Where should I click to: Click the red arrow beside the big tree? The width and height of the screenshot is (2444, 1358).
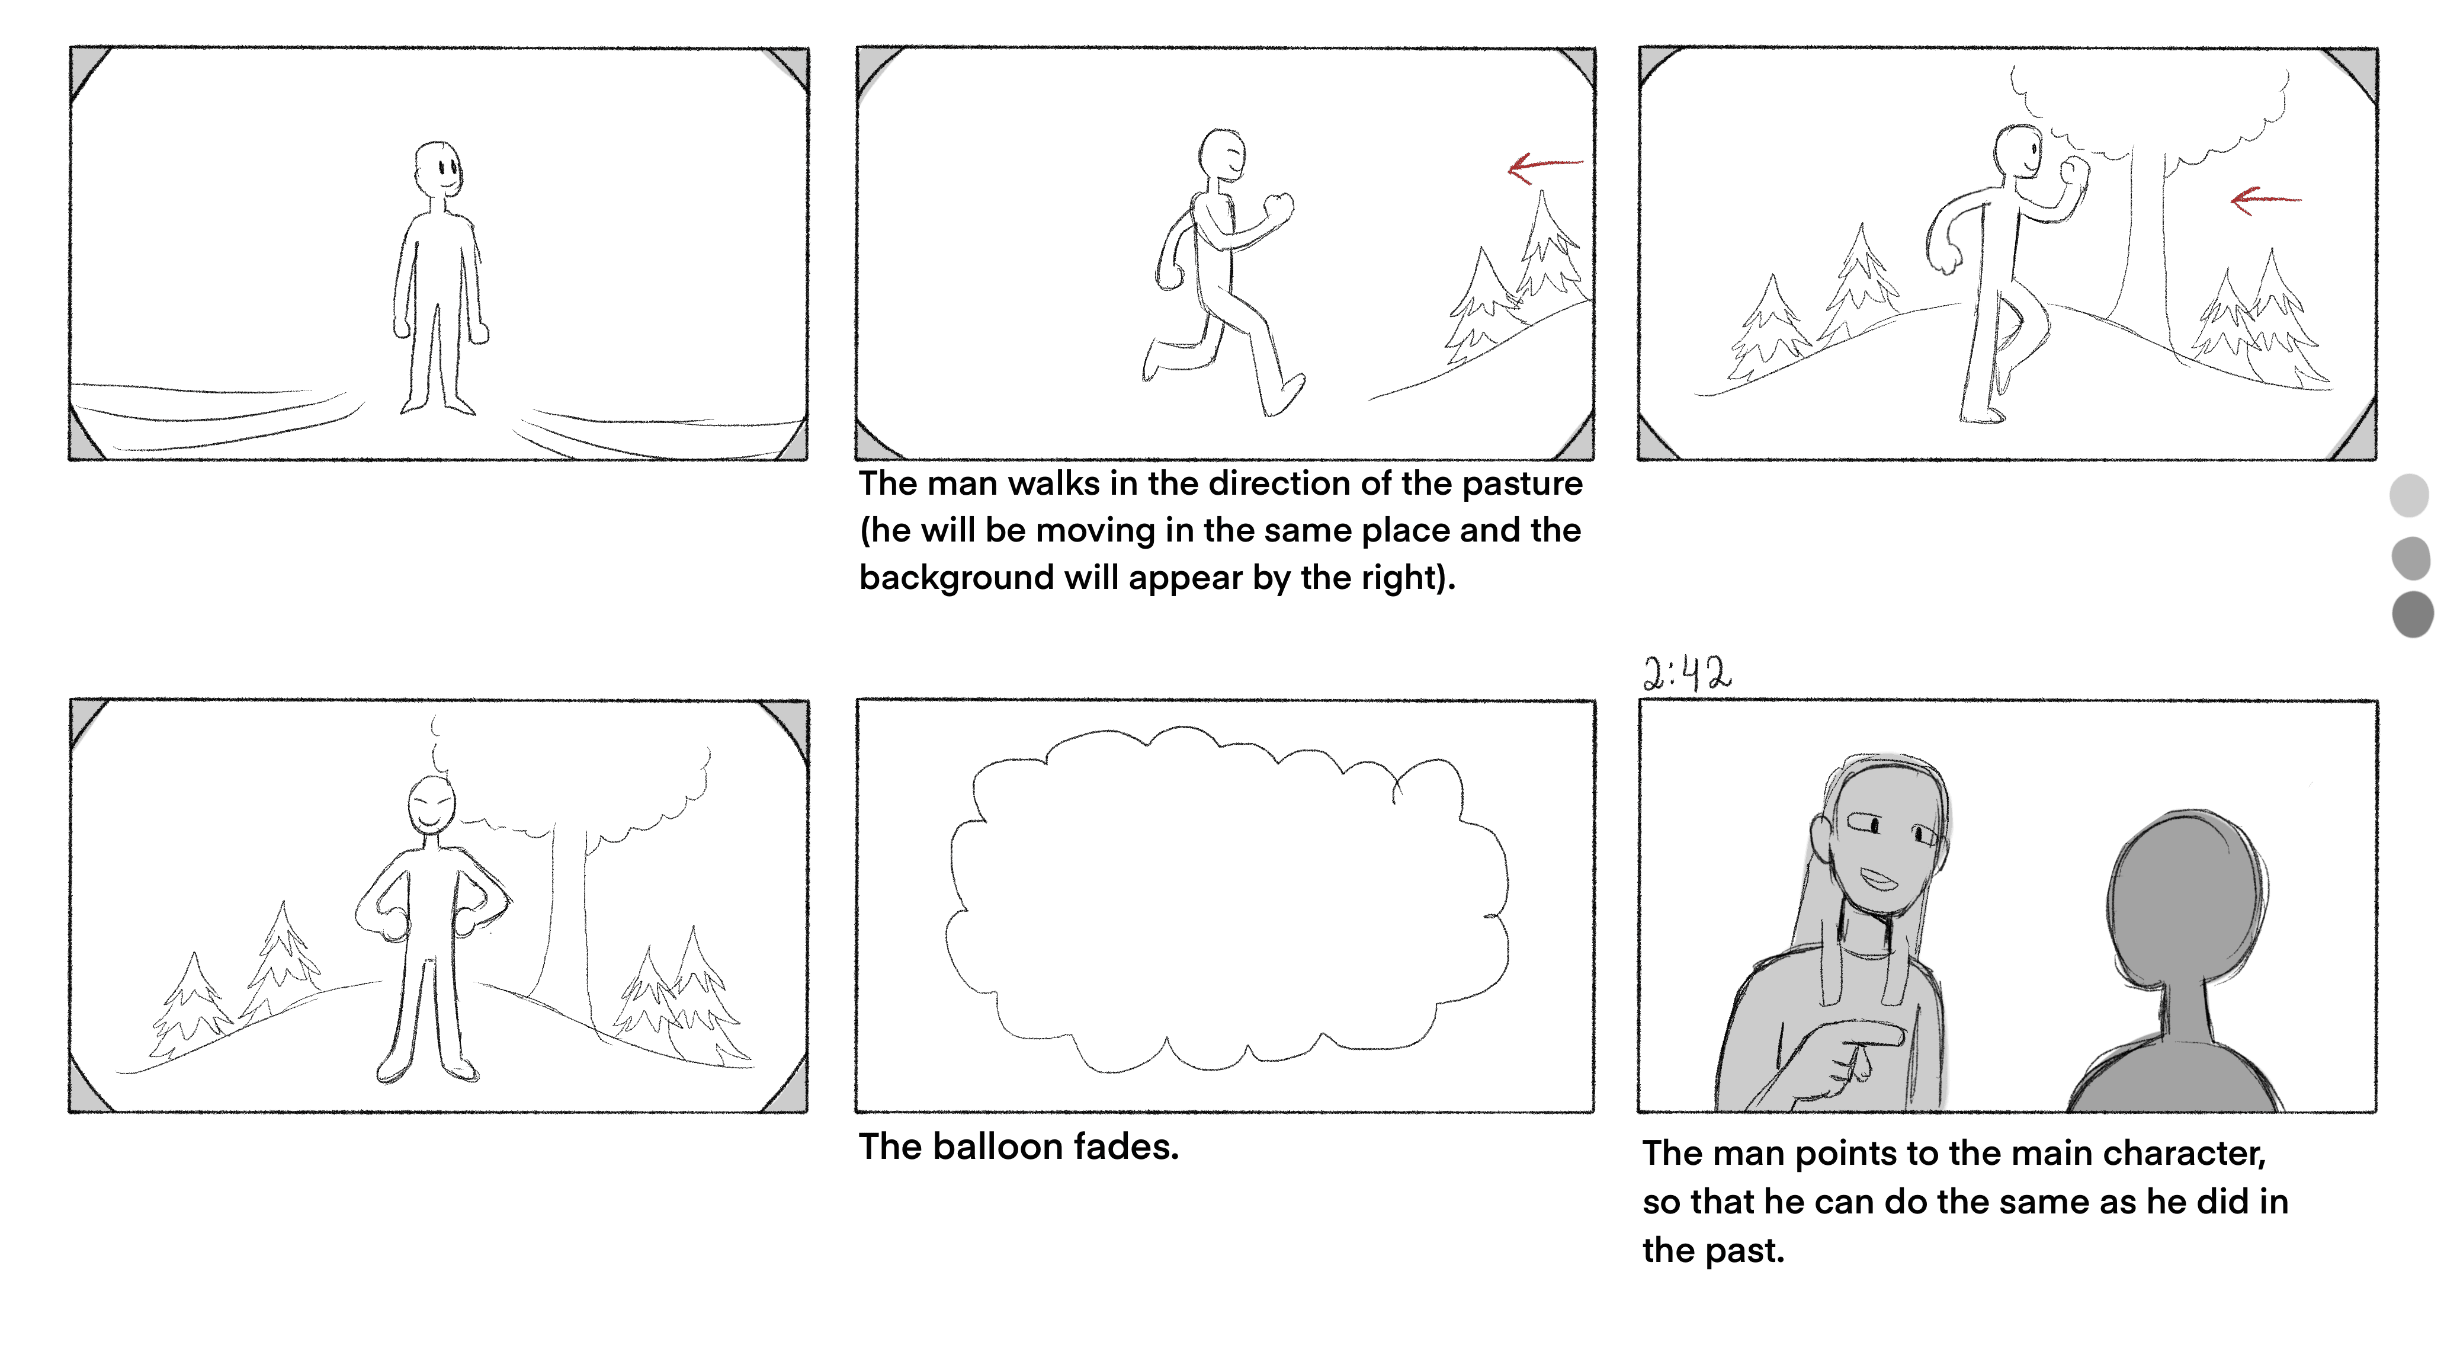coord(2266,200)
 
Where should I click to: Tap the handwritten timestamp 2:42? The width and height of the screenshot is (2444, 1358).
coord(1687,673)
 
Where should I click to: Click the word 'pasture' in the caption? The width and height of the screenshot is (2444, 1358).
coord(1522,484)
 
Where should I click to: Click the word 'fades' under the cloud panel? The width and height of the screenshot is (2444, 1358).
coord(1126,1146)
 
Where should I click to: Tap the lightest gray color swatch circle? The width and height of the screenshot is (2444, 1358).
coord(2409,495)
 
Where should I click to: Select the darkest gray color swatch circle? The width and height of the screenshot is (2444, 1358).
coord(2413,614)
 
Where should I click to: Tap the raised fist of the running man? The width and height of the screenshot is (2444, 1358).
coord(1280,206)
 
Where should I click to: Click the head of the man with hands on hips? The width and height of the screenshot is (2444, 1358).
coord(432,805)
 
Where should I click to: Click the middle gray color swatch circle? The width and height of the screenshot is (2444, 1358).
coord(2411,557)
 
